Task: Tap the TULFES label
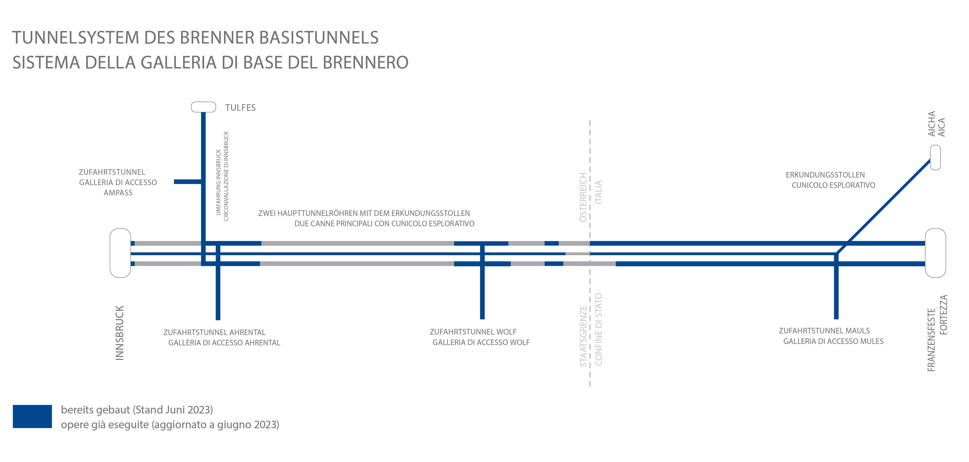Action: [x=240, y=108]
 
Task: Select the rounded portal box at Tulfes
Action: [x=204, y=107]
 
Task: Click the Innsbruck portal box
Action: [x=120, y=253]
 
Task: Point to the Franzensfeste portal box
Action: [x=936, y=253]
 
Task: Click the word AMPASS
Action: [x=118, y=193]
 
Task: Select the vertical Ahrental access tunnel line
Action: [x=218, y=282]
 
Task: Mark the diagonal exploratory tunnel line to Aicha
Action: [x=883, y=206]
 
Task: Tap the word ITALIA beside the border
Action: [x=598, y=192]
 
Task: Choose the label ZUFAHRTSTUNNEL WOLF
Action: [x=473, y=332]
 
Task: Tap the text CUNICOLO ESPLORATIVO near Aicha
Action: [x=834, y=185]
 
